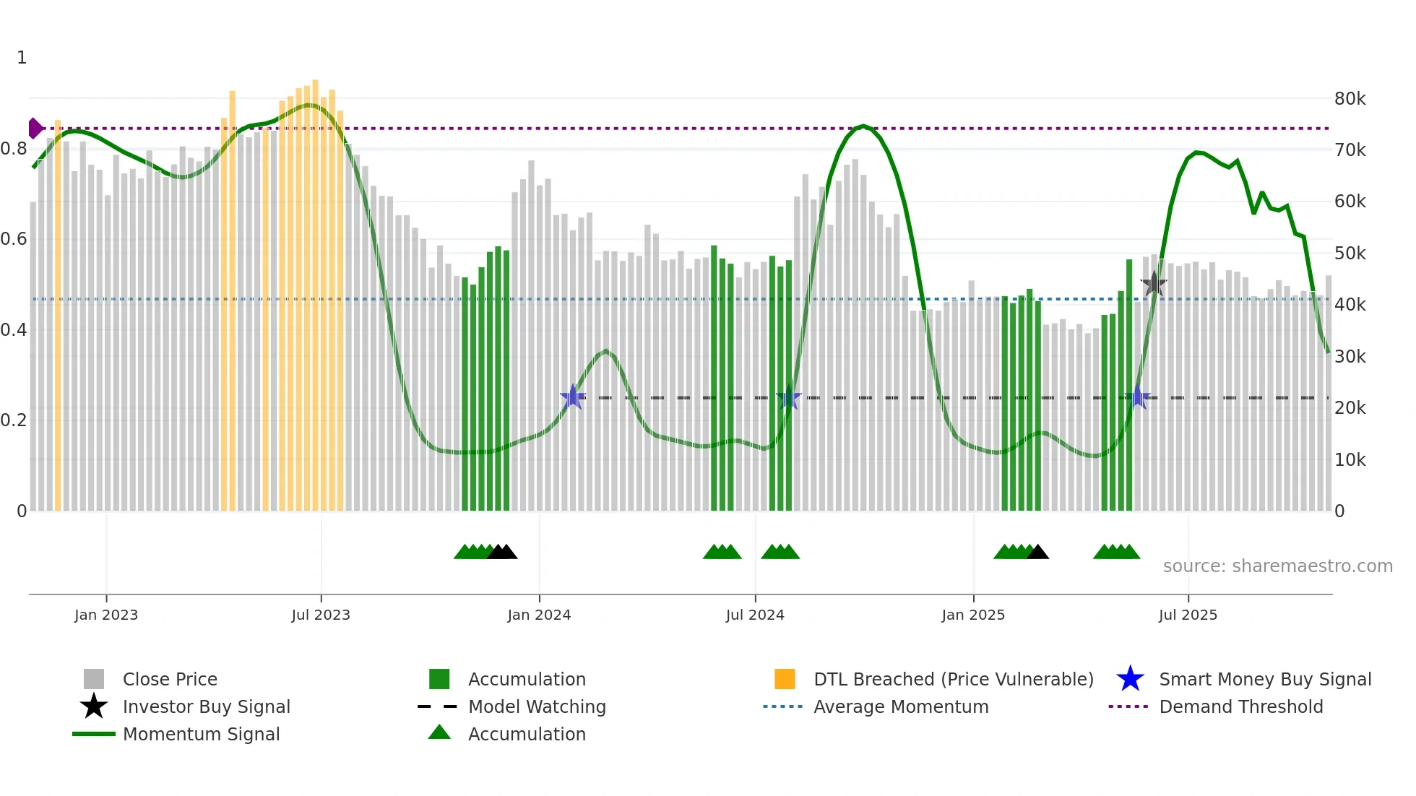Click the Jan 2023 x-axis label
(x=106, y=615)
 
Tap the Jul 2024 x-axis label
(x=755, y=615)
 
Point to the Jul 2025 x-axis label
(x=1188, y=615)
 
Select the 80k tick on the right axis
(x=1350, y=99)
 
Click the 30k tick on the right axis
(x=1350, y=357)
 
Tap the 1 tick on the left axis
(x=22, y=58)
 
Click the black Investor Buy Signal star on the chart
(x=1154, y=284)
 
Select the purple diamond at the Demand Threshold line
(x=35, y=129)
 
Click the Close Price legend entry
(x=170, y=679)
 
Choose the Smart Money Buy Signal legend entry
(x=1265, y=679)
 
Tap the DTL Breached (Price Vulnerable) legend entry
(x=953, y=679)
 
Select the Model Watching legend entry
(x=537, y=706)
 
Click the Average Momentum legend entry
(x=901, y=706)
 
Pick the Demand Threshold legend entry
(x=1240, y=706)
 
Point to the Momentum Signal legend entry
(x=201, y=734)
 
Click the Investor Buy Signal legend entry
(x=206, y=706)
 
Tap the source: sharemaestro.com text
(x=1277, y=566)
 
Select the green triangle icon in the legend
(x=439, y=733)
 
